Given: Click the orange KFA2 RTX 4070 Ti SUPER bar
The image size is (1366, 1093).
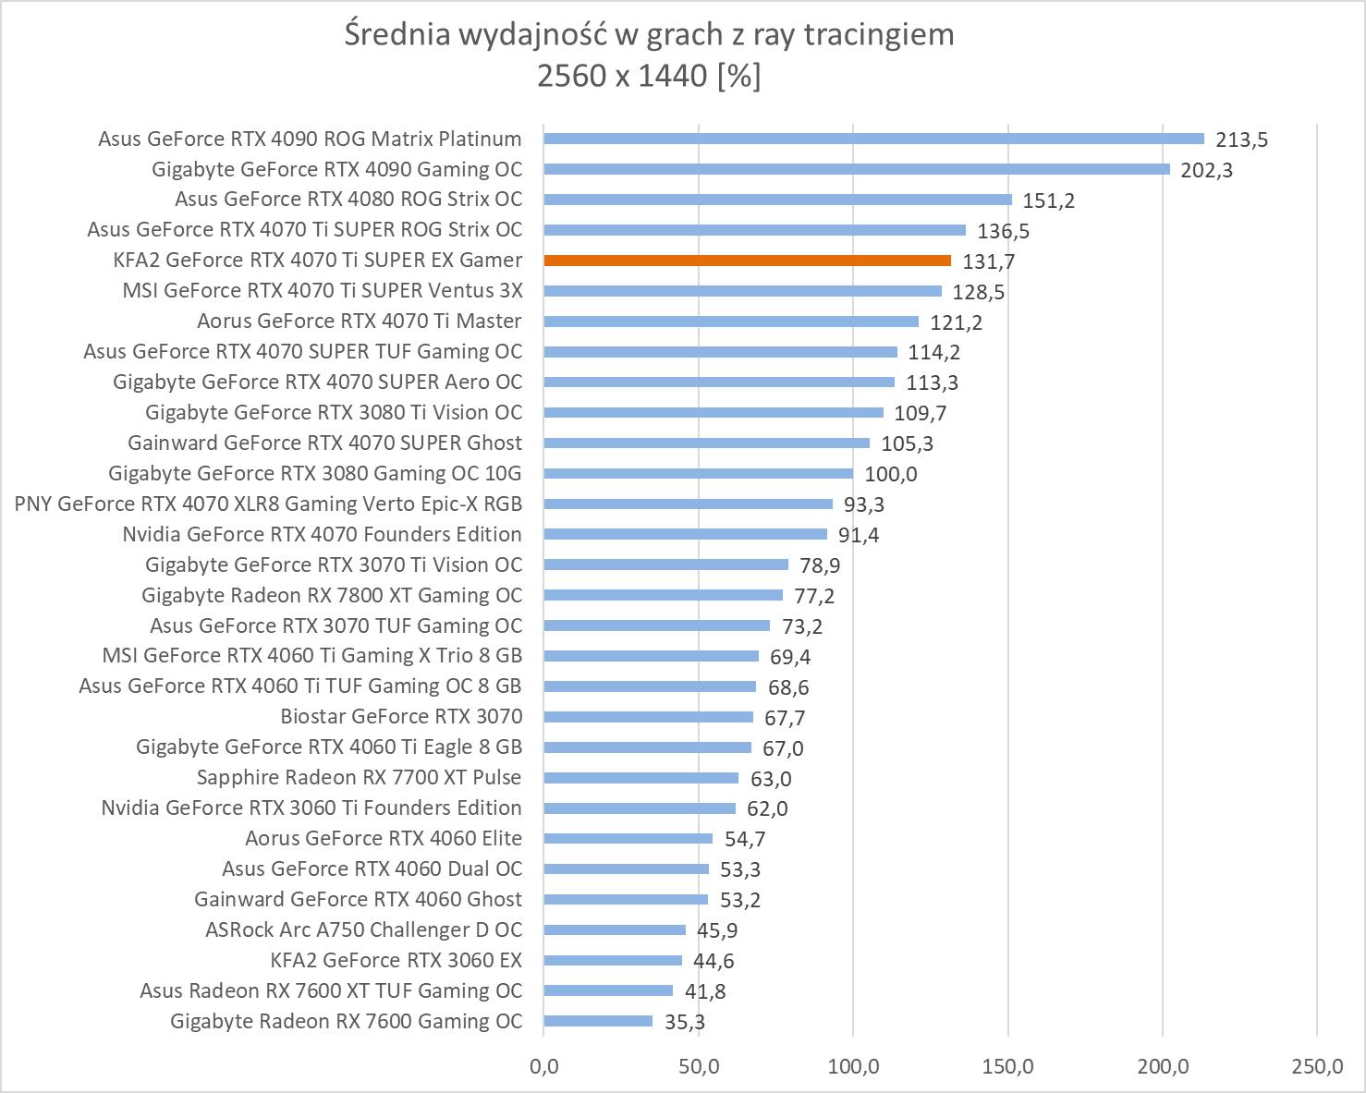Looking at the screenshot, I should [x=747, y=261].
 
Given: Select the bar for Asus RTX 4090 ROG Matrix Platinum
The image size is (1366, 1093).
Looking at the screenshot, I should [x=873, y=139].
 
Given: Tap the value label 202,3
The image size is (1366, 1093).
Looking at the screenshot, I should [x=1206, y=170].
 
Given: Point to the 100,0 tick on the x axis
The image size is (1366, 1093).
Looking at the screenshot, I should [x=853, y=1066].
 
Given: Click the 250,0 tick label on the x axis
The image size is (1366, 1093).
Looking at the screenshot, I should [x=1317, y=1066].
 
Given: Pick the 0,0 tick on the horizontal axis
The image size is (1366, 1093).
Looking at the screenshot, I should [x=544, y=1066].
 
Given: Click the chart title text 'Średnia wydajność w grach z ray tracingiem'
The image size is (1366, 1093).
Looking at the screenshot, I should [x=649, y=35].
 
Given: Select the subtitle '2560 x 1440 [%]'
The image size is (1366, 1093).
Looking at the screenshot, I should [x=649, y=76].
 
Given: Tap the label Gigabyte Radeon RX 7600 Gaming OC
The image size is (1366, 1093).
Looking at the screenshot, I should [x=347, y=1021].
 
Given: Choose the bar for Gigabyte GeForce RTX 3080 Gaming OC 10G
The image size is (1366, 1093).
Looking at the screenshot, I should [x=698, y=473].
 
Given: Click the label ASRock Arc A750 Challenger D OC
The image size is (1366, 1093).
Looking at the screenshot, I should [x=363, y=929].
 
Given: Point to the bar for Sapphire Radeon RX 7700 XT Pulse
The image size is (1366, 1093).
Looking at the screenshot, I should [x=640, y=778].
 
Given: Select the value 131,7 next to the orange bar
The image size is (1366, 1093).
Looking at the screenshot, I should [x=989, y=261].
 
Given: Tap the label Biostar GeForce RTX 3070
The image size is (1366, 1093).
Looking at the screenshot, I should [x=401, y=716].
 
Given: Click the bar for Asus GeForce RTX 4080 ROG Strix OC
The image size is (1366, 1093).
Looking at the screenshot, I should [x=777, y=200].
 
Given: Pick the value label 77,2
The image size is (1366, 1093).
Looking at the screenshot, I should [x=814, y=596].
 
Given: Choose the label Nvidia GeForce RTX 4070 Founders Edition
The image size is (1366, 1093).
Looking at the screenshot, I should [x=322, y=534].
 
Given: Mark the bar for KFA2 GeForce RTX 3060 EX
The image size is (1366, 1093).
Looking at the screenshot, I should [x=613, y=960].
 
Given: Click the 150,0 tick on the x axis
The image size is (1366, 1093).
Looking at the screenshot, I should [x=1007, y=1066].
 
